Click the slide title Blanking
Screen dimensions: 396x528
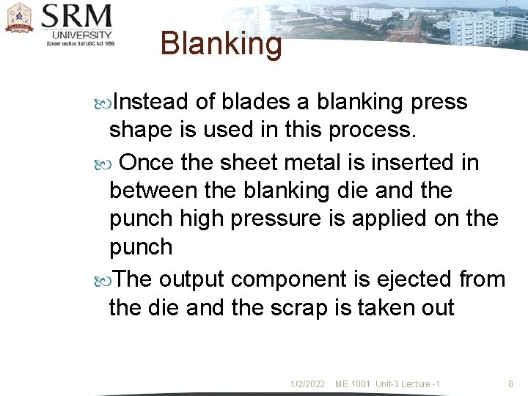coord(221,44)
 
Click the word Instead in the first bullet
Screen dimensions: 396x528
coord(150,101)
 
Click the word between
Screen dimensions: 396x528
coord(153,190)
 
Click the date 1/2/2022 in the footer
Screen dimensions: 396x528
coord(307,384)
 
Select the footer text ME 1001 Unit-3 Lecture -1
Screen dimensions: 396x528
coord(387,384)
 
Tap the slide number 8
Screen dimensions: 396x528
coord(511,384)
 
